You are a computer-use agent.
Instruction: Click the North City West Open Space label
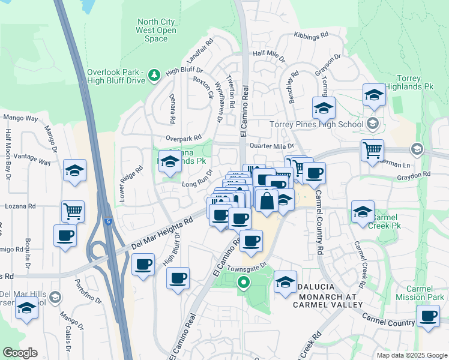(156, 31)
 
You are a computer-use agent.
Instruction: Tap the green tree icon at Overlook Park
(155, 74)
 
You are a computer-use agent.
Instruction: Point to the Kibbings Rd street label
(311, 36)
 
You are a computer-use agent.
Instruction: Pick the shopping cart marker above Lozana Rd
(73, 211)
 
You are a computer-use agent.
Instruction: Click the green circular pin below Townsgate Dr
(243, 282)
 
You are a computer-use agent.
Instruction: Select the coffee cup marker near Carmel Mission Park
(429, 316)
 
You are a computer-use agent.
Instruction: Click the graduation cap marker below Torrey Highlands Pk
(374, 95)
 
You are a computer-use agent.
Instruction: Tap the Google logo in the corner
(20, 353)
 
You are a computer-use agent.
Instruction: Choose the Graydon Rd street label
(414, 175)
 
